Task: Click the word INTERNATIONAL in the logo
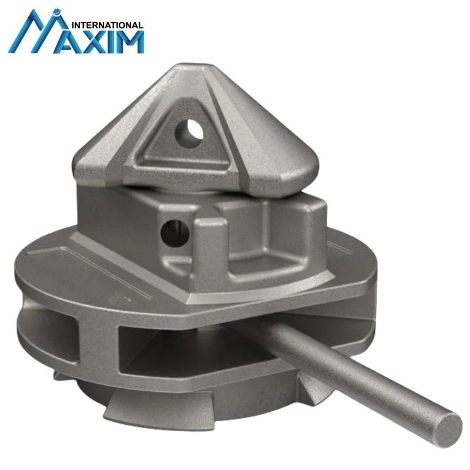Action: tap(106, 25)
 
